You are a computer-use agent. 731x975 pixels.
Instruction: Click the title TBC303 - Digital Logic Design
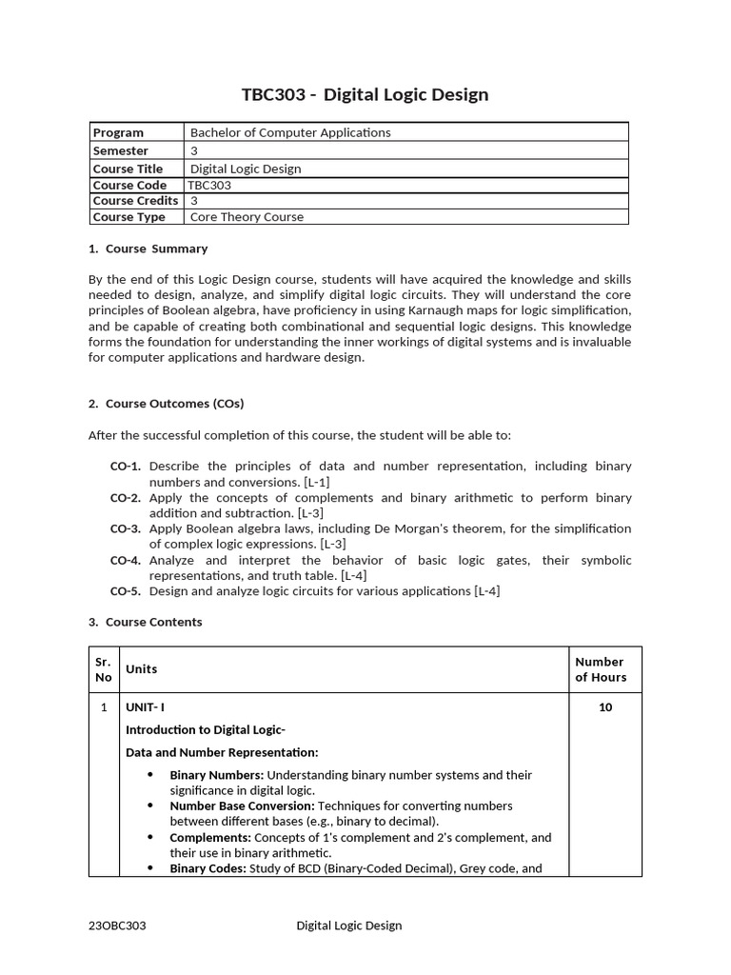click(365, 94)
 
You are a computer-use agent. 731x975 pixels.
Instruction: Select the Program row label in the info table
click(118, 132)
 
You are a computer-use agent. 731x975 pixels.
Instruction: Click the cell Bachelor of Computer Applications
click(290, 132)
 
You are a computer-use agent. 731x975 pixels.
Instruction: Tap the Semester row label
click(120, 150)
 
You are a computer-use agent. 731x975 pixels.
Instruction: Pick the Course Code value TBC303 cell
click(210, 186)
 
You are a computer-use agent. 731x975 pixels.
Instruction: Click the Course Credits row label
click(135, 201)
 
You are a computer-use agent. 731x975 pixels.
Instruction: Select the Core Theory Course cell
click(247, 217)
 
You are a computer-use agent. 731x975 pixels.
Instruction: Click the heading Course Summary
click(156, 249)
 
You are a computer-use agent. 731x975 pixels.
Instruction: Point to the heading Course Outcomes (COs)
click(174, 404)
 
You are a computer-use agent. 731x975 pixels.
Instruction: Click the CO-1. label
click(126, 467)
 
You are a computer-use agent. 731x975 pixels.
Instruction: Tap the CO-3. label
click(126, 528)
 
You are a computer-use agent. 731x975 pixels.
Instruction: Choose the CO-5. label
click(126, 591)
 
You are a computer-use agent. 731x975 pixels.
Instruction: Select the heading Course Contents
click(153, 622)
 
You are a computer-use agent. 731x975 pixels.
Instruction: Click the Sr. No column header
click(103, 669)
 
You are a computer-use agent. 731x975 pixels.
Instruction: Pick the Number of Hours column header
click(601, 669)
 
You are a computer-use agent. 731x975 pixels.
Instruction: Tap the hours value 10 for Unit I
click(604, 707)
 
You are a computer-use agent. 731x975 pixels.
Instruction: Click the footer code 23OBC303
click(117, 925)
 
